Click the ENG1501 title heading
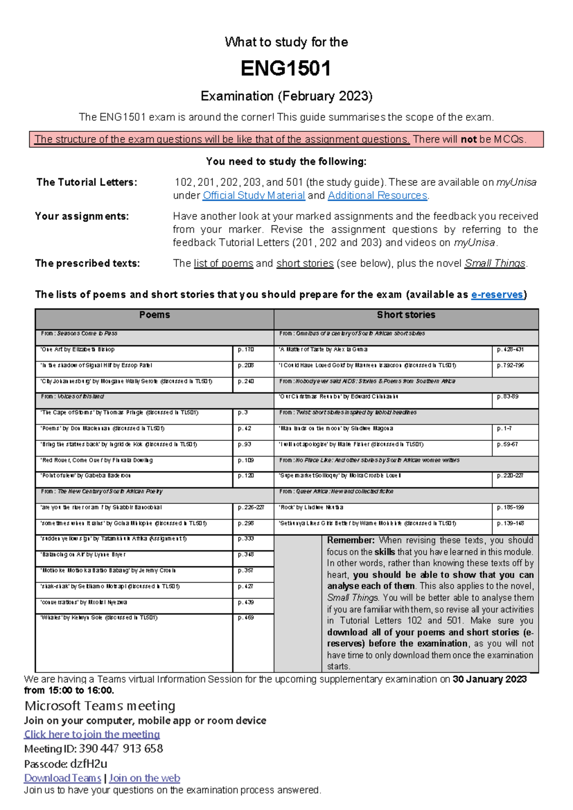click(286, 68)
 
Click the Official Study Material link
click(254, 195)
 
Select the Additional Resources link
click(377, 195)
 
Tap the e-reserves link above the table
click(497, 295)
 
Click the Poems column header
click(154, 315)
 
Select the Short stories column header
click(406, 315)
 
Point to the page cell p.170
click(246, 350)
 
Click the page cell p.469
click(246, 618)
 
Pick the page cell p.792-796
click(510, 365)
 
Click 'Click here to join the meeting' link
click(92, 735)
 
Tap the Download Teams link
click(63, 778)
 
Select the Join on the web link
click(145, 778)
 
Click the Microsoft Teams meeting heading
click(100, 706)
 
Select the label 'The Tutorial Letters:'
click(87, 182)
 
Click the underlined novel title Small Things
click(495, 264)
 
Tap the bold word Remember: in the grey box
click(351, 540)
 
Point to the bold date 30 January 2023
click(489, 679)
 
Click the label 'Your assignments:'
click(82, 216)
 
